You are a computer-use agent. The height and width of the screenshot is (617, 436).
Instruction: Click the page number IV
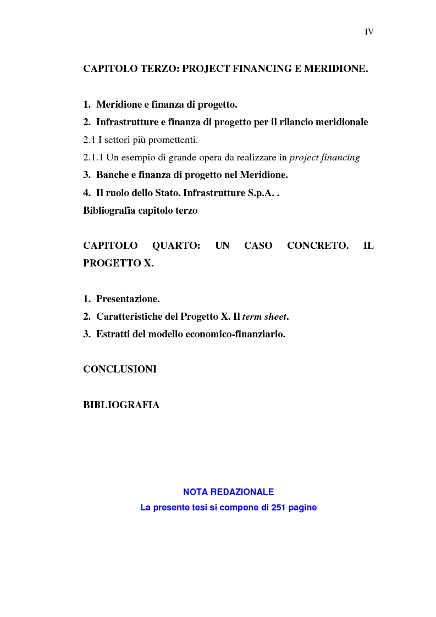[369, 32]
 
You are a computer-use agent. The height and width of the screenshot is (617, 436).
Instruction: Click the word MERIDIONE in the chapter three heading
[335, 69]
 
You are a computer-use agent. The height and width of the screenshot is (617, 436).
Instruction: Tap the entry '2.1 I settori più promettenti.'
[140, 140]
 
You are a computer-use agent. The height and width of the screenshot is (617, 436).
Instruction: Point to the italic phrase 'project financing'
[324, 158]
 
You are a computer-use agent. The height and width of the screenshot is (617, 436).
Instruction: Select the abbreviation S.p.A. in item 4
[259, 193]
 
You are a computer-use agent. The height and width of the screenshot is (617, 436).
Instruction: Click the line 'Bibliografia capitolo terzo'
[140, 210]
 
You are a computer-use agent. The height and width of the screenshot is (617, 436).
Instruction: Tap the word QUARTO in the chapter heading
[176, 246]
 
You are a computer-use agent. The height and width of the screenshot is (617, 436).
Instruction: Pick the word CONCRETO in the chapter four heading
[318, 246]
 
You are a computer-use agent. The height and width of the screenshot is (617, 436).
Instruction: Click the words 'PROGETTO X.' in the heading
[118, 263]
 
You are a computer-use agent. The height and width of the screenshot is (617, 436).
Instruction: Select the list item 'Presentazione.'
[128, 299]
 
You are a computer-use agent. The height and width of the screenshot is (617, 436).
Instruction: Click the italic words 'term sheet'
[264, 317]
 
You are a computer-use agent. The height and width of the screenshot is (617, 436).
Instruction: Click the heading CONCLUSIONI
[120, 369]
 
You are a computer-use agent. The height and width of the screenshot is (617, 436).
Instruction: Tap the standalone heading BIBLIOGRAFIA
[122, 405]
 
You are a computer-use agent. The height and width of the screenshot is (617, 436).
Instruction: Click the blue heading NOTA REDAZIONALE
[228, 492]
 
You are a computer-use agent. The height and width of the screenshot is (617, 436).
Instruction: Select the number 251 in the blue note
[279, 508]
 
